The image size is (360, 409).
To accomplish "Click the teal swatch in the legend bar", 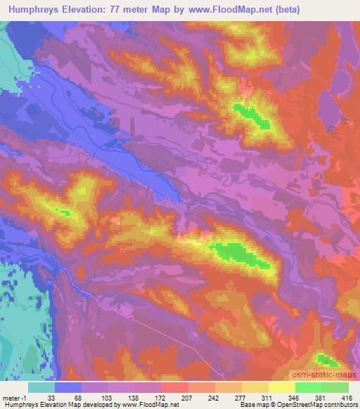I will (41, 387).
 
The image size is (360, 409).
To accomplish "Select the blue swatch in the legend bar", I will (68, 387).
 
